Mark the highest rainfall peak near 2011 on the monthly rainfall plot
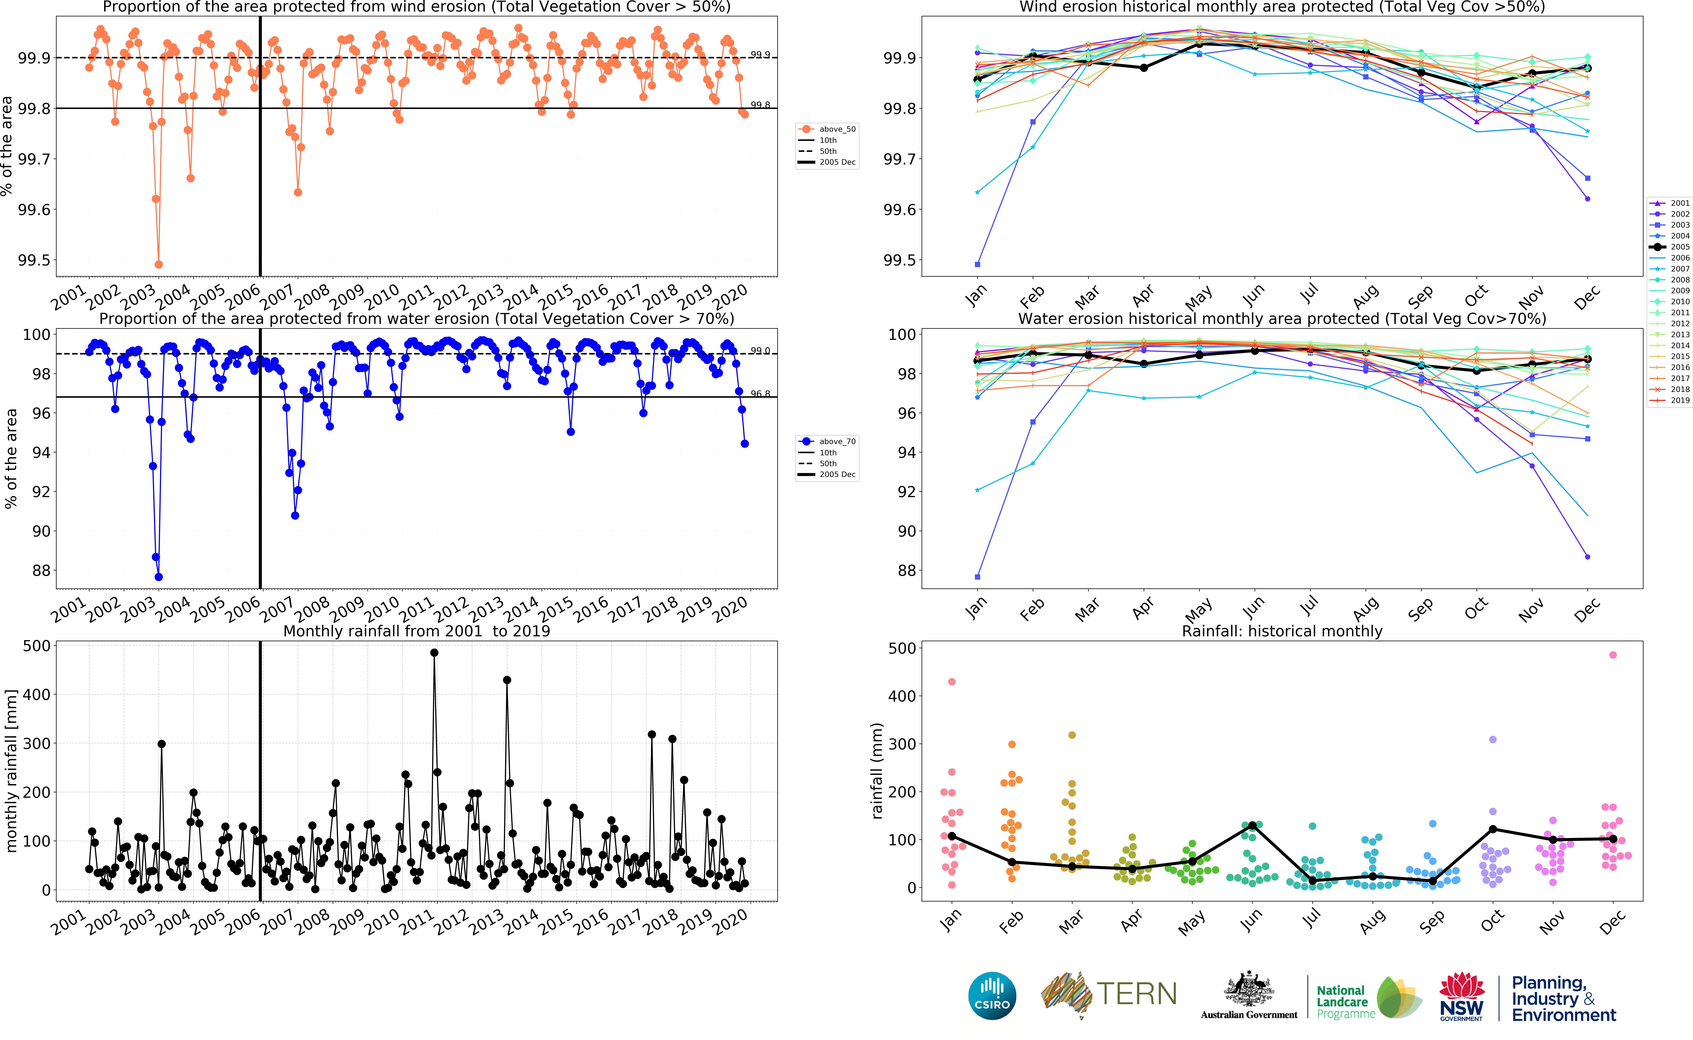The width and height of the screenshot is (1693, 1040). point(434,653)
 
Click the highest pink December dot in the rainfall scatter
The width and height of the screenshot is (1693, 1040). point(1613,655)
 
